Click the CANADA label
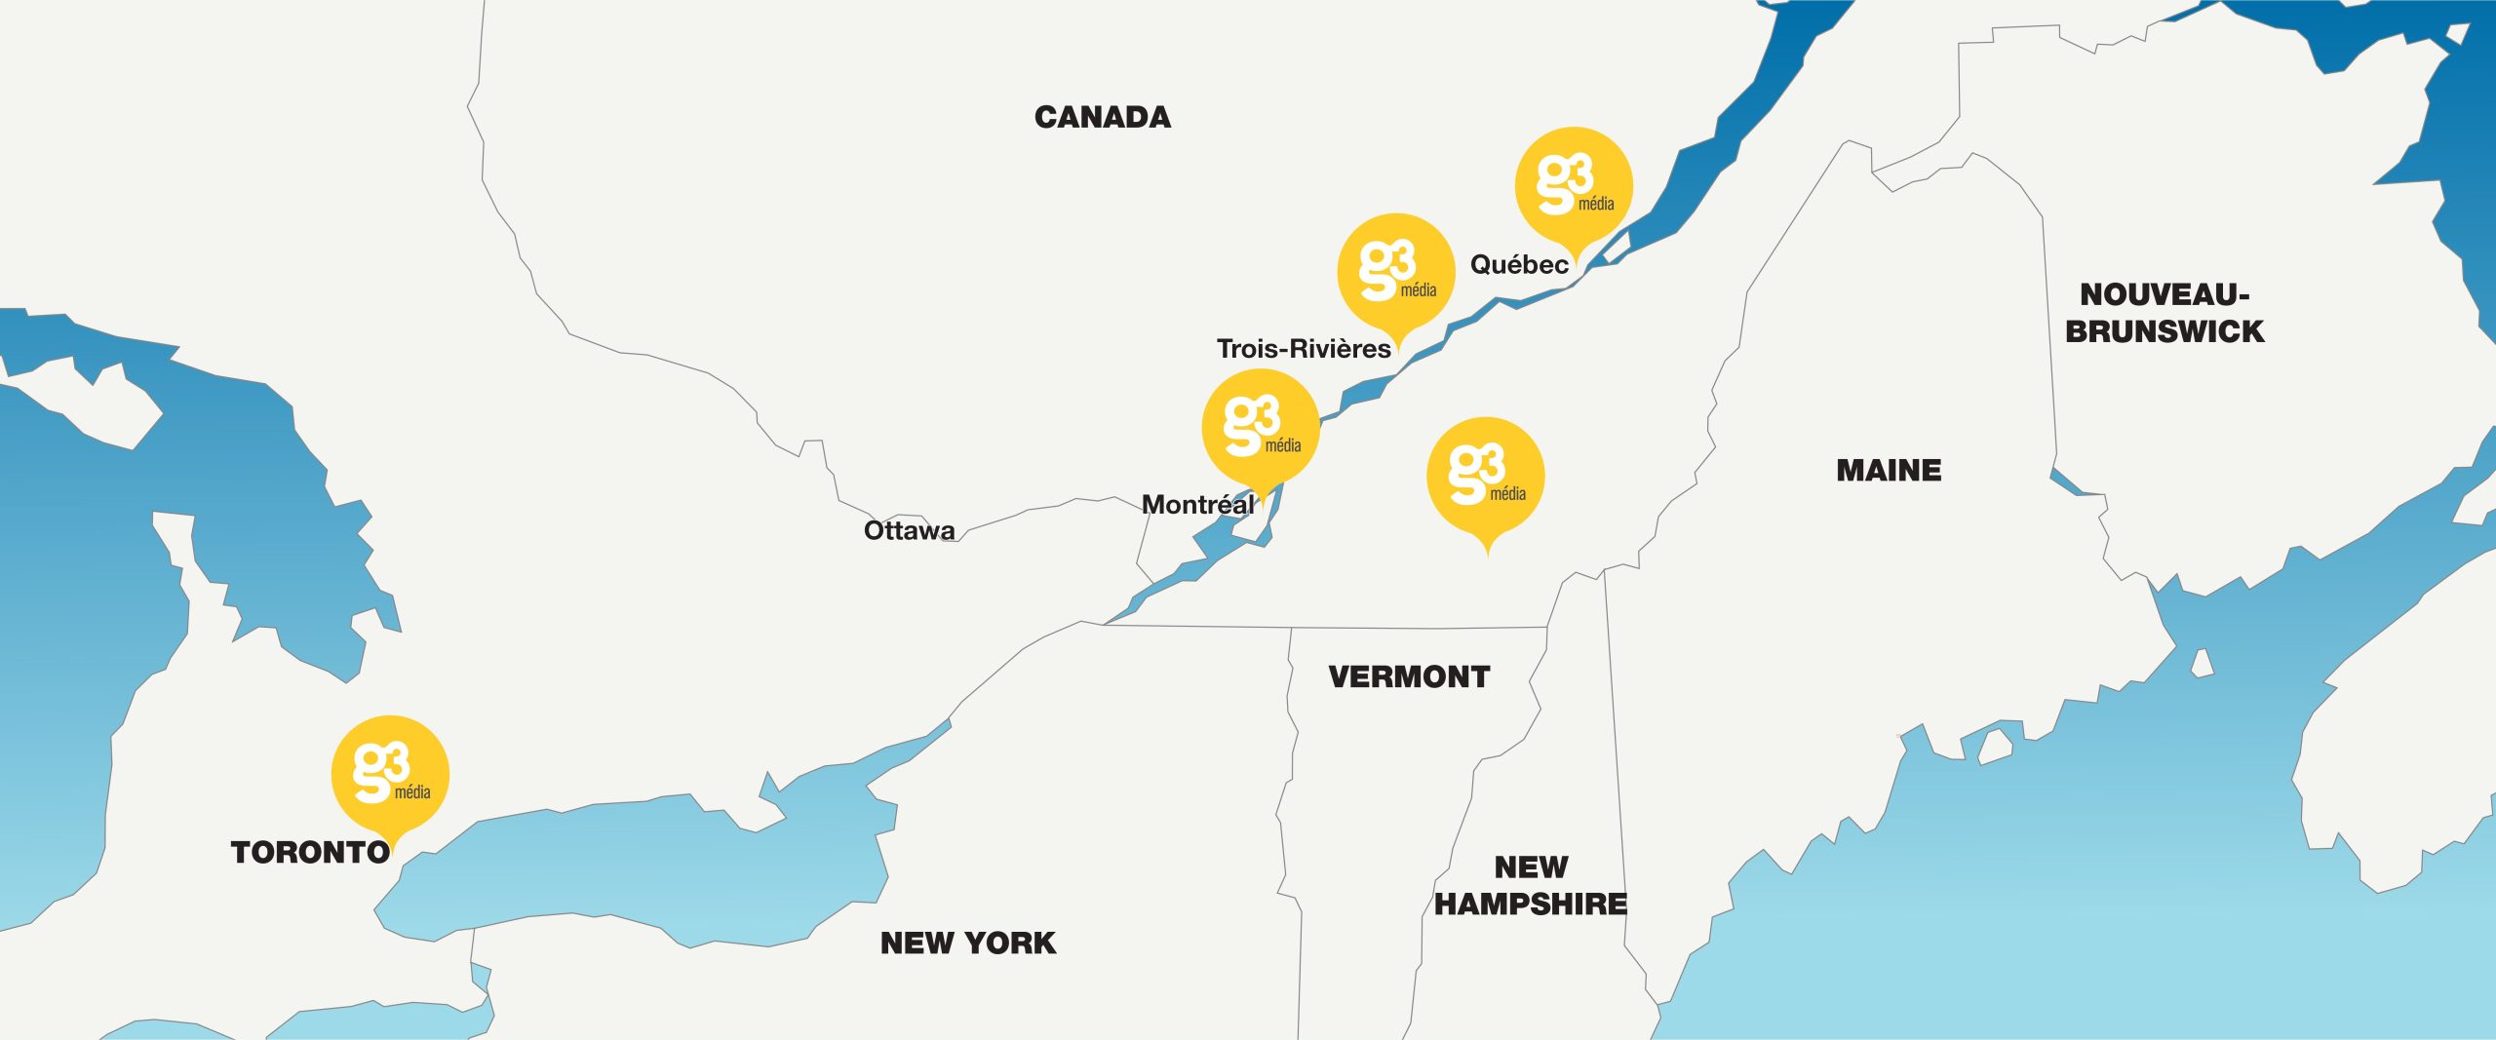pyautogui.click(x=1102, y=118)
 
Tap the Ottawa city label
pyautogui.click(x=909, y=531)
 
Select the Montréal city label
pyautogui.click(x=1197, y=505)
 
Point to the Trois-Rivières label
pyautogui.click(x=1304, y=349)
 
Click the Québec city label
pyautogui.click(x=1519, y=265)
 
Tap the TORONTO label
pyautogui.click(x=310, y=853)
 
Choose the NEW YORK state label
pyautogui.click(x=968, y=944)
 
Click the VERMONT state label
pyautogui.click(x=1409, y=677)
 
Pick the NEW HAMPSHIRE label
pyautogui.click(x=1531, y=886)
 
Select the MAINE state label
pyautogui.click(x=1889, y=471)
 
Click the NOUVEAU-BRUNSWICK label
pyautogui.click(x=2164, y=313)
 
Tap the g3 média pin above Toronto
pyautogui.click(x=390, y=774)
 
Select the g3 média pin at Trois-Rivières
pyautogui.click(x=1395, y=272)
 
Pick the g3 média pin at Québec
pyautogui.click(x=1573, y=186)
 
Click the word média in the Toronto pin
pyautogui.click(x=412, y=792)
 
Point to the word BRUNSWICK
pyautogui.click(x=2164, y=331)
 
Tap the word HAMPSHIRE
pyautogui.click(x=1531, y=905)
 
